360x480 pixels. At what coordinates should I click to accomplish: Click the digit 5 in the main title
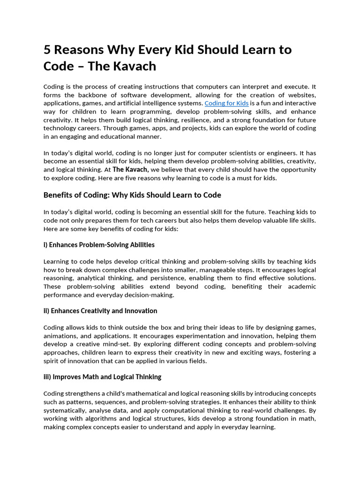[47, 50]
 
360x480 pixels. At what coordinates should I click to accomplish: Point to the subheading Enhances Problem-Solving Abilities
[99, 245]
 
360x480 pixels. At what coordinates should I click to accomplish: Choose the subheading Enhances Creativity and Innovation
[100, 311]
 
